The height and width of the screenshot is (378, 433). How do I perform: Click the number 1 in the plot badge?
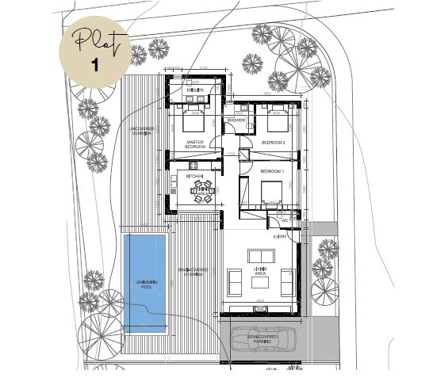coord(94,64)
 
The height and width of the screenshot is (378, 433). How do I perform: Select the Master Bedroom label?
coord(195,143)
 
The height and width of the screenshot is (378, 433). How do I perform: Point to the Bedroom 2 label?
coord(274,143)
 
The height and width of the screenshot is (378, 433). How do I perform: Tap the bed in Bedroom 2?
coord(276,120)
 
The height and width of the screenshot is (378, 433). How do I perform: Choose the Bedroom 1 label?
coord(274,171)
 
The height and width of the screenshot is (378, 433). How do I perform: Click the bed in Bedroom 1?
coord(270,191)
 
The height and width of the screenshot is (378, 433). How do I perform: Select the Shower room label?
coord(236,120)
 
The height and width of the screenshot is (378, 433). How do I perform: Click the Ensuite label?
coord(194,91)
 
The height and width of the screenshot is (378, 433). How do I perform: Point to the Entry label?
coord(281,236)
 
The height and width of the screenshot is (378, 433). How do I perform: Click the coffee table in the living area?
coord(262,282)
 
